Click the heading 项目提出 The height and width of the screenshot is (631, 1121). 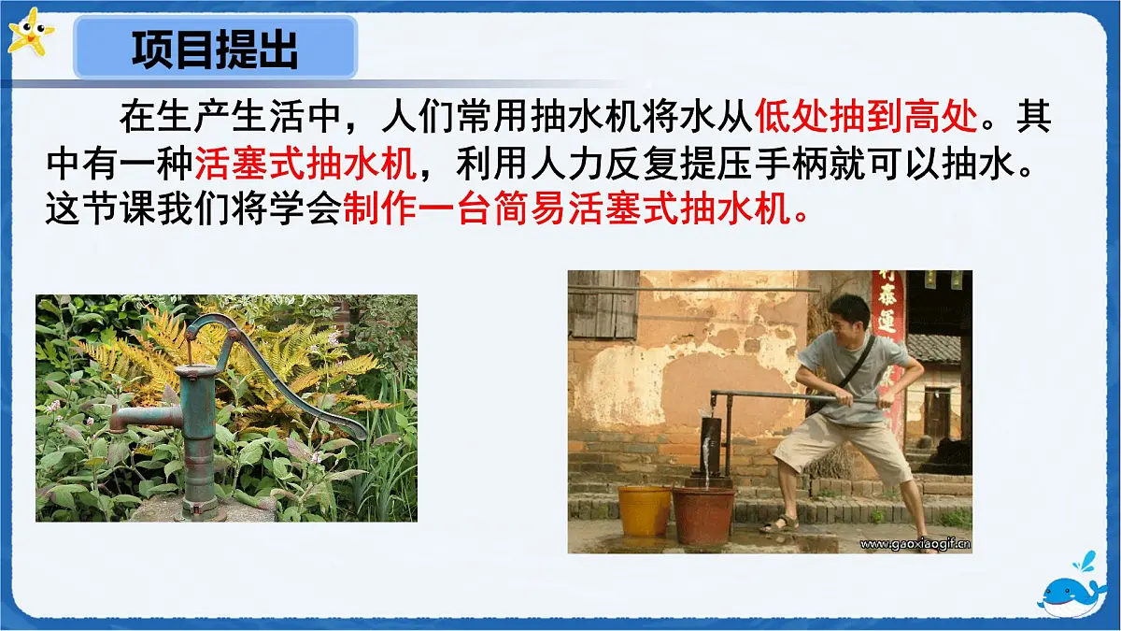click(x=215, y=50)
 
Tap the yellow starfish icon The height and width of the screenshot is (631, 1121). click(x=29, y=33)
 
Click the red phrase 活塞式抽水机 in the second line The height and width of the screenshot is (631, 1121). click(x=305, y=165)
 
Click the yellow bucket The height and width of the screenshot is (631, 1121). click(x=645, y=509)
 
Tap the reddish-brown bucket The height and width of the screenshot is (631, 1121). click(x=702, y=514)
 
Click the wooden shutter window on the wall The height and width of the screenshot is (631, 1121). click(x=603, y=304)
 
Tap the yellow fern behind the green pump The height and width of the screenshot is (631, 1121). click(x=280, y=355)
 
